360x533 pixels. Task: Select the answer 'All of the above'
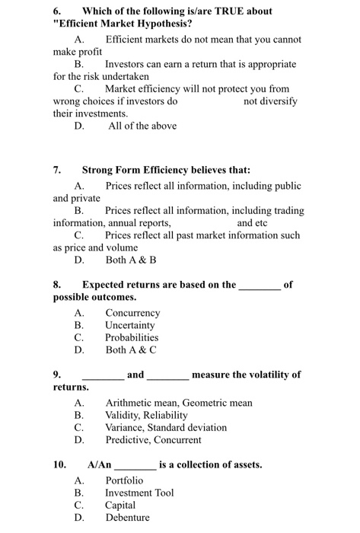(x=142, y=126)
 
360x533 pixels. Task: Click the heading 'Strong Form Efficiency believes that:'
(x=166, y=171)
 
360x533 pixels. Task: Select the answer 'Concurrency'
(x=132, y=313)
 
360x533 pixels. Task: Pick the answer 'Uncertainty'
(x=132, y=325)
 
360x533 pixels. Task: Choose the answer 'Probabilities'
(x=132, y=337)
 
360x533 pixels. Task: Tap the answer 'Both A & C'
(x=130, y=350)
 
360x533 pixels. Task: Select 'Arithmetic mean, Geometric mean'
(x=178, y=403)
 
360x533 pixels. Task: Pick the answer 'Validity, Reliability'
(x=146, y=415)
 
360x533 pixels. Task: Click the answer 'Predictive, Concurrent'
(x=153, y=440)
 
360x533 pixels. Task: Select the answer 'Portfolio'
(x=123, y=480)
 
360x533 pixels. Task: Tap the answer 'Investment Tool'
(x=139, y=493)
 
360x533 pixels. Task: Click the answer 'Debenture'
(x=127, y=518)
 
